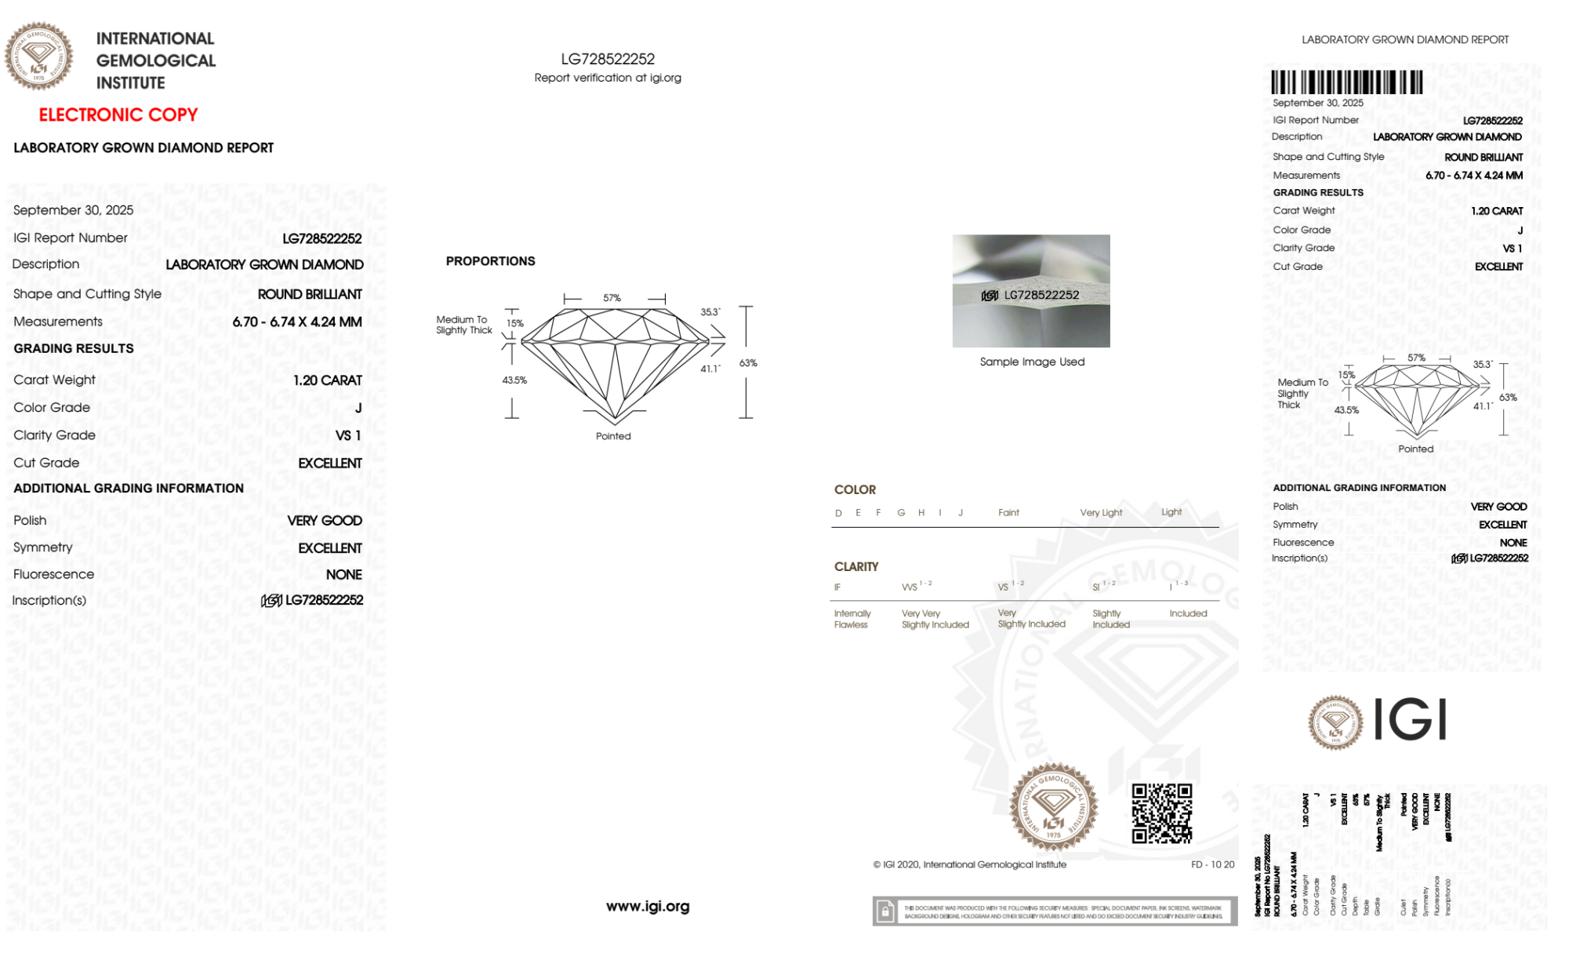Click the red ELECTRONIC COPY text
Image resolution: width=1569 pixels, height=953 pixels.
click(x=118, y=115)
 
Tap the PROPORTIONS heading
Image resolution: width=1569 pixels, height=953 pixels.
click(x=490, y=261)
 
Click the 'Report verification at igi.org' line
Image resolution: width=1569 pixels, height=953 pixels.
click(x=608, y=78)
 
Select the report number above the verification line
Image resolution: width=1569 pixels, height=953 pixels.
click(x=608, y=59)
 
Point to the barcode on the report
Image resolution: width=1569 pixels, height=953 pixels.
click(x=1346, y=82)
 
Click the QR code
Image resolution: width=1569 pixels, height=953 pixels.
click(x=1161, y=813)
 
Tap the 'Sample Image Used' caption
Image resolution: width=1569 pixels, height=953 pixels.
click(x=1032, y=362)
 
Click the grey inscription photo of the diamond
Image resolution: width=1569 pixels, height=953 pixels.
click(x=1031, y=290)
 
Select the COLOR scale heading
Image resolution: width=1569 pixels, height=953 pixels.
click(x=855, y=489)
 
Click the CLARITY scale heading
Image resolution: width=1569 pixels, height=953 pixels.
click(x=856, y=566)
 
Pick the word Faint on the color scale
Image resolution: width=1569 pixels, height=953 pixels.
click(x=1008, y=512)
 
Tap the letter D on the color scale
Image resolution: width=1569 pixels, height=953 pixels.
click(x=838, y=513)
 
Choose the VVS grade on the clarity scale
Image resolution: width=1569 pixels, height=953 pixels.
click(x=910, y=587)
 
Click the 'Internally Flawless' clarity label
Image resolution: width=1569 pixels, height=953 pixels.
click(x=852, y=619)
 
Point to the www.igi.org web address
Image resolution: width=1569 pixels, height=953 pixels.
click(x=648, y=906)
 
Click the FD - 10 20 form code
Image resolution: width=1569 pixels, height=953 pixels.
click(x=1212, y=864)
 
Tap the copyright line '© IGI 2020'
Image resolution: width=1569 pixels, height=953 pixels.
click(x=970, y=864)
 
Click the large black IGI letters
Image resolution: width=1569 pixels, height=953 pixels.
click(x=1411, y=719)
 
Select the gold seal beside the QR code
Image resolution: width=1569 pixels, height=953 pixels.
click(x=1053, y=807)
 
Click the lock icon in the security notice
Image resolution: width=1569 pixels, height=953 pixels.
click(x=885, y=911)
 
